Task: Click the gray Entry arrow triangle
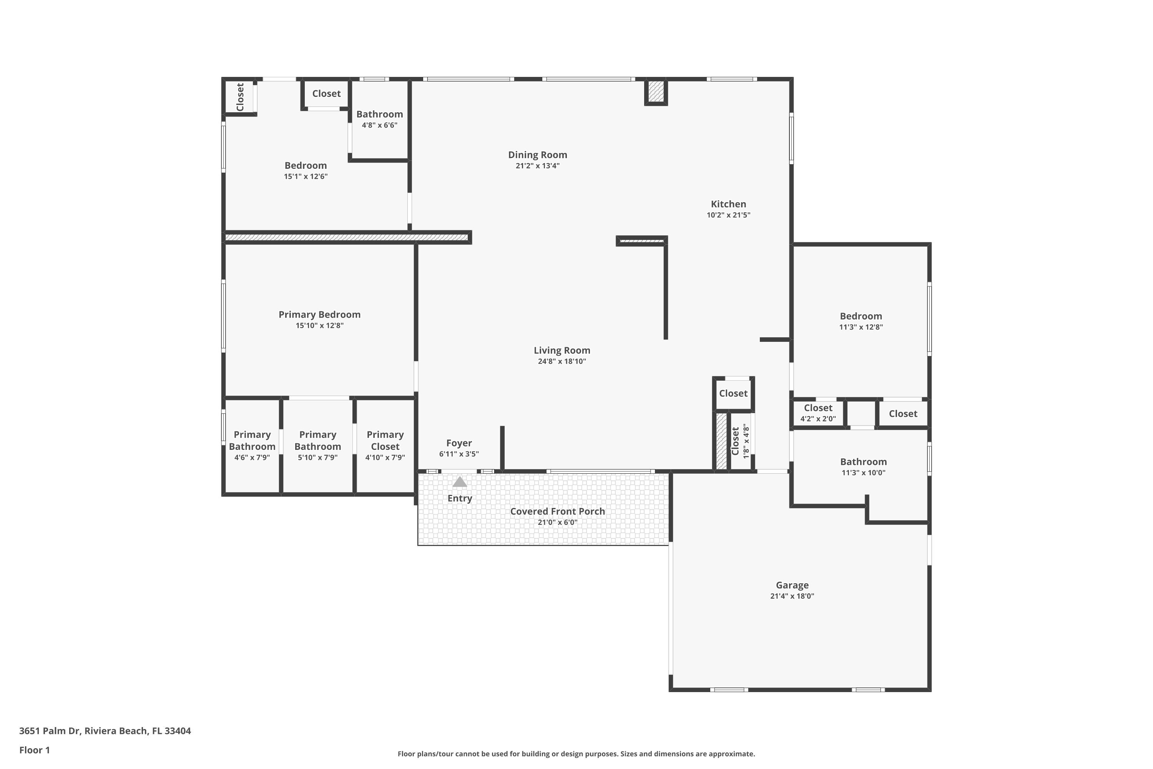(459, 482)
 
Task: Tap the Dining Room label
(537, 155)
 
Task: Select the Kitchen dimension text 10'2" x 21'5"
(728, 215)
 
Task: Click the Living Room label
(562, 350)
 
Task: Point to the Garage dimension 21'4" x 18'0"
(792, 596)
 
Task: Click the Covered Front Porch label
(557, 511)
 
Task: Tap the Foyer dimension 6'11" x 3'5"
(459, 454)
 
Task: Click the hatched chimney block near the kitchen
(655, 92)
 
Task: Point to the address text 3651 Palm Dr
(49, 731)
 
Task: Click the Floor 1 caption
(34, 750)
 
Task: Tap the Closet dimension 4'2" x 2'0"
(818, 419)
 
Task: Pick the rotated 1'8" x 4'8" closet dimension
(746, 441)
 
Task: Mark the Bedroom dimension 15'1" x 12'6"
(306, 176)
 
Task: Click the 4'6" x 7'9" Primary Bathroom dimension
(252, 458)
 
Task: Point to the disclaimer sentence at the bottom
(576, 754)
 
